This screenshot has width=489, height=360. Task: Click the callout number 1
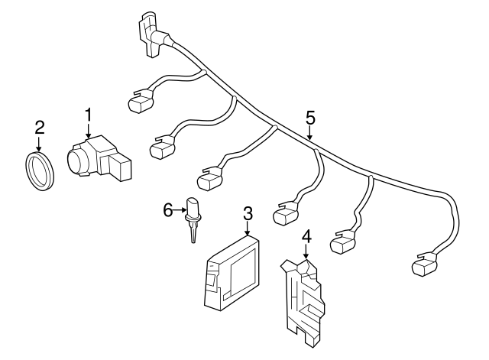click(x=89, y=115)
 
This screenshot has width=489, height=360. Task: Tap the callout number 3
click(x=248, y=213)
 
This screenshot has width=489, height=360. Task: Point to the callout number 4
click(x=306, y=237)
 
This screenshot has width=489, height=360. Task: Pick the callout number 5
click(x=309, y=118)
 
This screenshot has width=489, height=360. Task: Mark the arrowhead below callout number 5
click(x=309, y=138)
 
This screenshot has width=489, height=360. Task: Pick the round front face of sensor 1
click(x=77, y=161)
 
